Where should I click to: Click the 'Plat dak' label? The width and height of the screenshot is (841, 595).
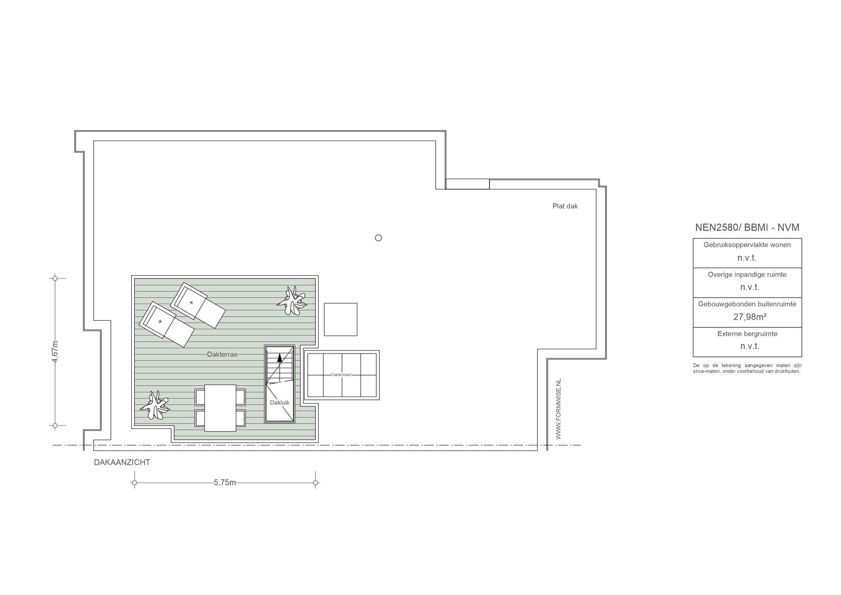565,206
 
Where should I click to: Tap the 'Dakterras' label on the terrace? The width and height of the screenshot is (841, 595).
222,354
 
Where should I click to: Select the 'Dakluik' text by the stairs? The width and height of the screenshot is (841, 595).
280,403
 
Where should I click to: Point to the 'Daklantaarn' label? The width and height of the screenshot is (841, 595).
342,375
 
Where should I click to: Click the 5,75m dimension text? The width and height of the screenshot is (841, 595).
225,482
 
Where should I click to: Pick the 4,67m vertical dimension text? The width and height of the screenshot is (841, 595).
55,352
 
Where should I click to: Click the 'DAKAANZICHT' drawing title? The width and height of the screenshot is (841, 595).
122,462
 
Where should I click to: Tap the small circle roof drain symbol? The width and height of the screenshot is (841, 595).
379,238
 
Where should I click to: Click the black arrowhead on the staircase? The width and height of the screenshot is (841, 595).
280,357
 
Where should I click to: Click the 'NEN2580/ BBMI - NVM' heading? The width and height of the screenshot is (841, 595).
747,227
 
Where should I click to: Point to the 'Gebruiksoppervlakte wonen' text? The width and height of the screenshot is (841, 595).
747,245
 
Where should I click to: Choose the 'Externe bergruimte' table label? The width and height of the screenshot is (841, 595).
747,334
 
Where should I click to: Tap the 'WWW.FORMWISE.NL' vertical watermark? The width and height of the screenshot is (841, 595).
558,409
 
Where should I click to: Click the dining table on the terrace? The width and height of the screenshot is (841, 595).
220,408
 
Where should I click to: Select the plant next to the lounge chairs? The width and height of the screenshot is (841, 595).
292,301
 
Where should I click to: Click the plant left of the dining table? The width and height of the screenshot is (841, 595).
155,405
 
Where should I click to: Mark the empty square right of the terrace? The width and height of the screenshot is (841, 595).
341,319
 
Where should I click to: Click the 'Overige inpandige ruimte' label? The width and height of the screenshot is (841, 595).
747,274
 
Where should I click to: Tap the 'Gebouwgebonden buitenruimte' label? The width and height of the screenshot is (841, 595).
747,304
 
